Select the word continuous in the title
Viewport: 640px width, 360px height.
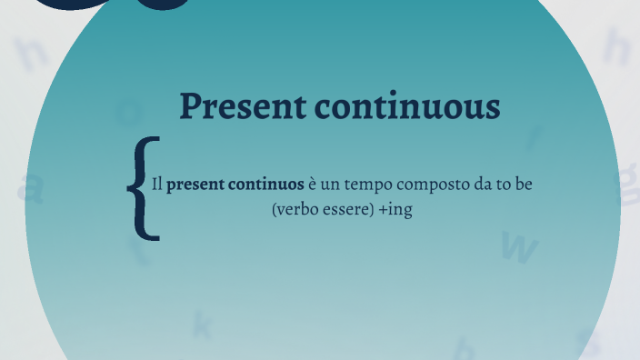coord(407,106)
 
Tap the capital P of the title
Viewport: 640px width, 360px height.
coord(190,106)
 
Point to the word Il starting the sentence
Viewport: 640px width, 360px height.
coord(156,185)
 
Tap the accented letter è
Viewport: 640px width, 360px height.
coord(314,185)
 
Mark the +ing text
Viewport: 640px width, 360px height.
coord(395,210)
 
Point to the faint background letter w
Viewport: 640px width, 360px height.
coord(519,246)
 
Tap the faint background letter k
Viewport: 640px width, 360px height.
coord(202,323)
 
